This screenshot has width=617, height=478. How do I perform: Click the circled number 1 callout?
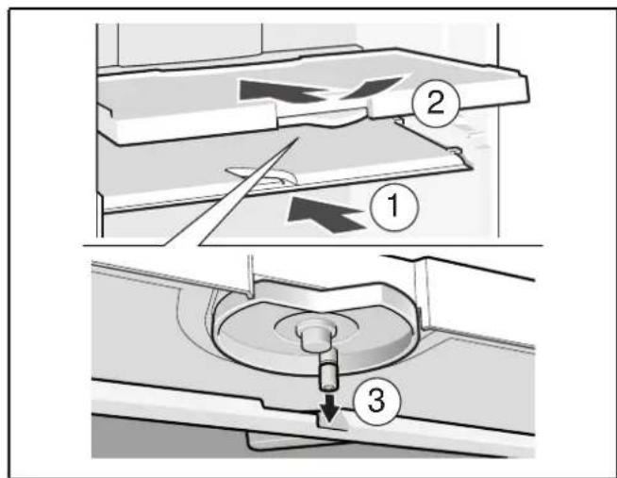[393, 207]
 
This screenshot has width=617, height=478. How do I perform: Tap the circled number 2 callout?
[436, 104]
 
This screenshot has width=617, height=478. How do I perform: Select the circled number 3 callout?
[377, 402]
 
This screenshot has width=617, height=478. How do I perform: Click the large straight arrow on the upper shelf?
[281, 92]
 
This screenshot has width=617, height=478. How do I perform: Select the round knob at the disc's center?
[315, 336]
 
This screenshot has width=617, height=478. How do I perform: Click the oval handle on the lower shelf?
[260, 176]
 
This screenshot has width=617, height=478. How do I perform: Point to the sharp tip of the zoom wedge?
[299, 138]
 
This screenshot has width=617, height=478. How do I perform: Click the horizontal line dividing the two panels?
[313, 246]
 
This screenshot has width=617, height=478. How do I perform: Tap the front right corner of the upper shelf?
[527, 99]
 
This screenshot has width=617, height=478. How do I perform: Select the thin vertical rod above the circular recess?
[250, 275]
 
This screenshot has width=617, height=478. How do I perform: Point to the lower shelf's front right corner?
[469, 166]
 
